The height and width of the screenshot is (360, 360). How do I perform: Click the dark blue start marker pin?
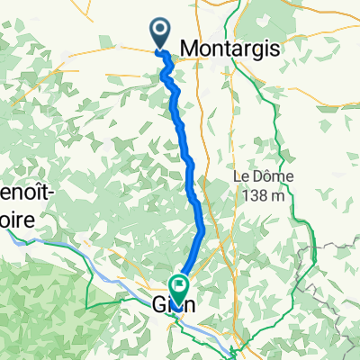coord(160,33)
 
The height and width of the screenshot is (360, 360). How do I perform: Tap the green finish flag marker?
coord(180,289)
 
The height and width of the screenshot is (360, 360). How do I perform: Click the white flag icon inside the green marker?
coord(180,287)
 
